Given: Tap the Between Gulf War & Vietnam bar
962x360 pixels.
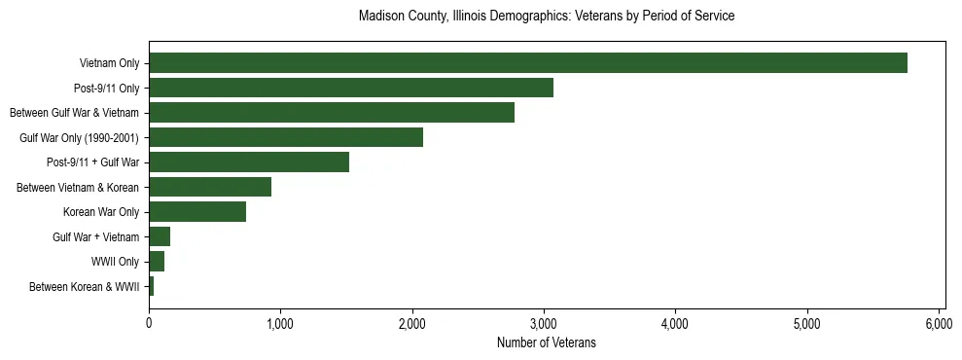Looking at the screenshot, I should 331,113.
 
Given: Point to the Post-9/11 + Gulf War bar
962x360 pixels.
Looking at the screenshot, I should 248,162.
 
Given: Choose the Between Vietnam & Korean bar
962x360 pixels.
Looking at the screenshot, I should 209,187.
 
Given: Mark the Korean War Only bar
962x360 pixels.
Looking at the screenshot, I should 196,212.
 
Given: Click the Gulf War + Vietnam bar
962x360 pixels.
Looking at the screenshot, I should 160,236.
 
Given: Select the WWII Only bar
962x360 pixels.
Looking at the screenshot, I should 157,262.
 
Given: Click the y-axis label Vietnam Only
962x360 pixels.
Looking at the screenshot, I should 109,64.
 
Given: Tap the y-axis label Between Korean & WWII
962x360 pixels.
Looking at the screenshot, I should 85,287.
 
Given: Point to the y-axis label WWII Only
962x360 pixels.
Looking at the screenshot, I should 115,262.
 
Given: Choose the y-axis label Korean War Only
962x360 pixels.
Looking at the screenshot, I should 101,212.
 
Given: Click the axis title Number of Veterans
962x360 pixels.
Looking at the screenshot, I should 546,343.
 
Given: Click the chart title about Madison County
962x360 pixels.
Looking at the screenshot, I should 546,17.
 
